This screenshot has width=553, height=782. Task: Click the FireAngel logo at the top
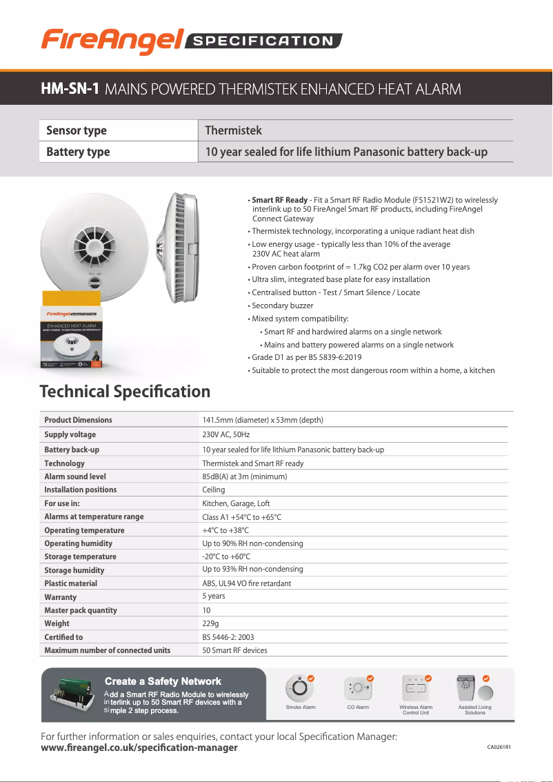(110, 41)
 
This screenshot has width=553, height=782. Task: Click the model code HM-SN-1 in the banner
(70, 89)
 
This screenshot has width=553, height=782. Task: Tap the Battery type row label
(77, 152)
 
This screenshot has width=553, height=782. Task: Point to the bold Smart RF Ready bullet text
(279, 200)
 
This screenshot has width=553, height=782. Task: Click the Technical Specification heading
(125, 392)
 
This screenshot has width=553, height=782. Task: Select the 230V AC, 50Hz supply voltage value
(225, 434)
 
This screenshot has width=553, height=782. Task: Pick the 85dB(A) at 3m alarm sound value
(244, 477)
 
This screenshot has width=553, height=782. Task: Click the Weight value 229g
(211, 623)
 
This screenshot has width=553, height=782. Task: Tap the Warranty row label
(61, 597)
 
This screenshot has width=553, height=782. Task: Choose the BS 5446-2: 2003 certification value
(228, 637)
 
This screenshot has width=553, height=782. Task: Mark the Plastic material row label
(70, 583)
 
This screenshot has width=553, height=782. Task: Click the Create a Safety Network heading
(163, 681)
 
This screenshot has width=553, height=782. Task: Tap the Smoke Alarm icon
(300, 688)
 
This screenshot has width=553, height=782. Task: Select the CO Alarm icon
(357, 688)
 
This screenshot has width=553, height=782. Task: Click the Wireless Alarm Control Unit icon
(416, 688)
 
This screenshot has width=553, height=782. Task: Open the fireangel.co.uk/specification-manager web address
(139, 748)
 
